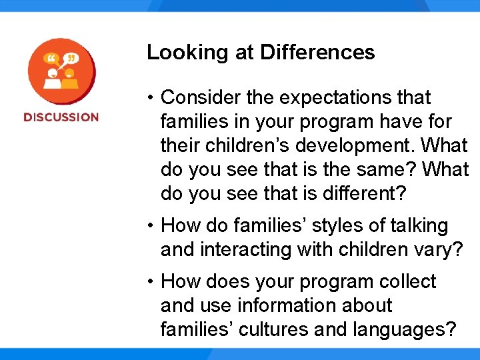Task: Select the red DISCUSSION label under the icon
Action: pos(61,117)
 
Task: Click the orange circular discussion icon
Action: pos(61,72)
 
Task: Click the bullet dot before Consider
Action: pos(153,98)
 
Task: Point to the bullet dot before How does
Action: pos(153,282)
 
